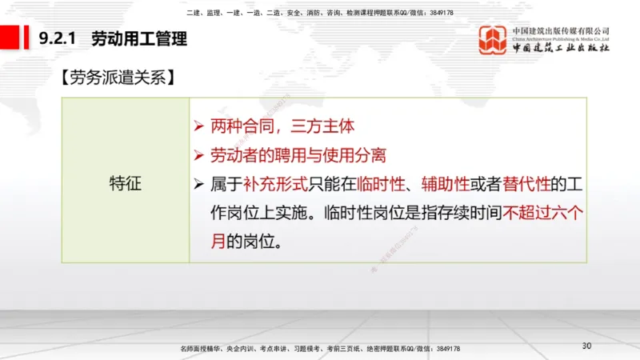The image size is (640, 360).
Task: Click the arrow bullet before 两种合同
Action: click(199, 126)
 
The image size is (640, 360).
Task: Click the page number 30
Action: click(586, 346)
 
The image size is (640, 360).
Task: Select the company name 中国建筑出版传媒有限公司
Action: click(561, 30)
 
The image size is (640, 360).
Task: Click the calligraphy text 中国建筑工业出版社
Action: click(561, 48)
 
